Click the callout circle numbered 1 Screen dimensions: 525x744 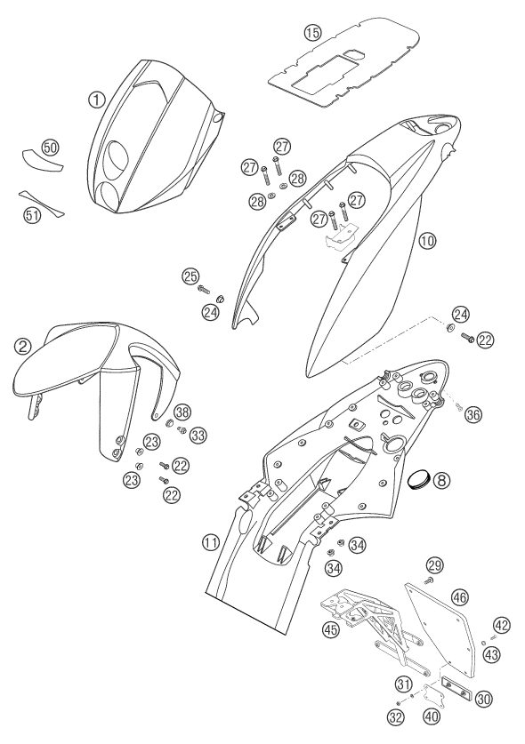point(96,100)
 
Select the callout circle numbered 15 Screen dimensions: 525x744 point(312,33)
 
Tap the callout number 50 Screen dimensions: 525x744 point(50,148)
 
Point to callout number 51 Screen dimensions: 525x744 point(32,215)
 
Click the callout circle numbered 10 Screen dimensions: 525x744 point(427,241)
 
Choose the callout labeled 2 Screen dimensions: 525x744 point(22,347)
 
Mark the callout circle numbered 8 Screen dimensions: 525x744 point(441,481)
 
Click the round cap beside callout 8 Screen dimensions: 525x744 point(418,478)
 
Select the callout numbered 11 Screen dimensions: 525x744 point(211,541)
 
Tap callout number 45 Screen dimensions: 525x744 point(331,629)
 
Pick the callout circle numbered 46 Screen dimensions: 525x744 point(459,597)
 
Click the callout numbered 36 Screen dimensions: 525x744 point(473,414)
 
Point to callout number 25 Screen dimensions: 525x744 point(190,276)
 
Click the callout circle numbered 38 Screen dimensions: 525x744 point(182,412)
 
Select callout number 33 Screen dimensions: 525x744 point(198,435)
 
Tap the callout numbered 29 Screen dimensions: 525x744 point(434,565)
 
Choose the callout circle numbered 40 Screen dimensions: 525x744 point(431,716)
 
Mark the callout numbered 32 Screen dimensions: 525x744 point(396,717)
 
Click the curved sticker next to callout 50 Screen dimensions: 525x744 point(43,161)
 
